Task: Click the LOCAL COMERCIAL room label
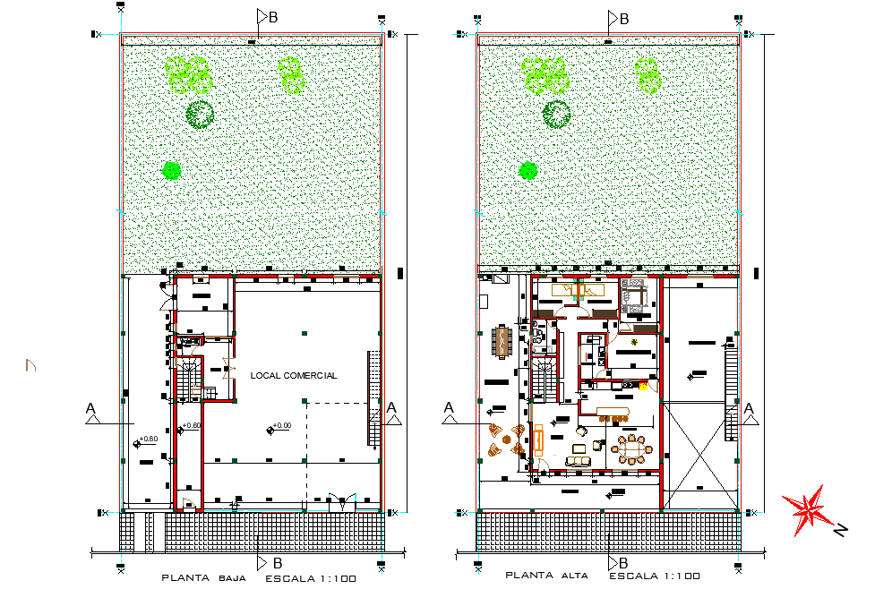294,376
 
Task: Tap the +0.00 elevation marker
279,427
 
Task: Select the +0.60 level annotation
190,426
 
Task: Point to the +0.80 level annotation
147,440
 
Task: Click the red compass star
808,508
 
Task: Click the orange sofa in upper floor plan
539,440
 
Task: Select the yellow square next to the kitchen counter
643,386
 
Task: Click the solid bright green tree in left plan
171,170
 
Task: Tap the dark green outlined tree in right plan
557,113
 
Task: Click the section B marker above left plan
267,17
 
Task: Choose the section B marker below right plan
618,563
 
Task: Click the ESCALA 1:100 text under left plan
311,578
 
